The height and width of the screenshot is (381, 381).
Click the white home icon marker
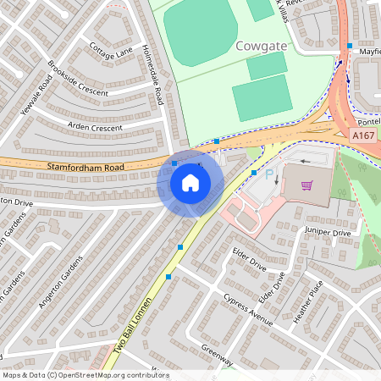(x=190, y=182)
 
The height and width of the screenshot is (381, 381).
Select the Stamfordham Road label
(x=86, y=168)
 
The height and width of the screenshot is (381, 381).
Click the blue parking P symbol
(x=270, y=174)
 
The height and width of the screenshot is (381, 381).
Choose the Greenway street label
(x=217, y=356)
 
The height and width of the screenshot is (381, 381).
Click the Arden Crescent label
(x=95, y=128)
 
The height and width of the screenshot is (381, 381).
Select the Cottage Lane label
(x=111, y=52)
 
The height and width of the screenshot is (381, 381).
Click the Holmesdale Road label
(x=153, y=75)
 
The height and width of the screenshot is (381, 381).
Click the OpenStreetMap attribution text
(x=85, y=375)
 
